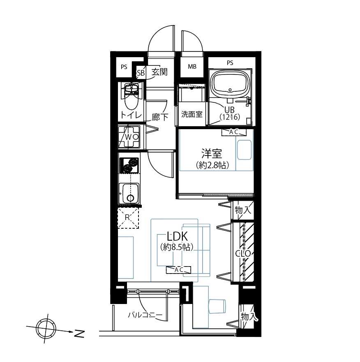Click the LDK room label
click(177, 237)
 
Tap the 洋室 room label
click(212, 154)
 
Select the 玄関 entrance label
click(159, 72)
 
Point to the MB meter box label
click(192, 67)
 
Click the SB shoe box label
click(141, 73)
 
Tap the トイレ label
click(131, 115)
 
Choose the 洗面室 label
click(192, 114)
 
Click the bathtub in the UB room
click(231, 84)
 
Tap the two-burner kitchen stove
click(129, 166)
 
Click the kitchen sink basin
click(130, 193)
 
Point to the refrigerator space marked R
click(128, 218)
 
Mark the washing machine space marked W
click(129, 137)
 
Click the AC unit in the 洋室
click(234, 132)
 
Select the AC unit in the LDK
click(178, 270)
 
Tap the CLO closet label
click(243, 253)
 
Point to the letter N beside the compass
click(79, 334)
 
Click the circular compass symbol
click(46, 329)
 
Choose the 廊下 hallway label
click(160, 117)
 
